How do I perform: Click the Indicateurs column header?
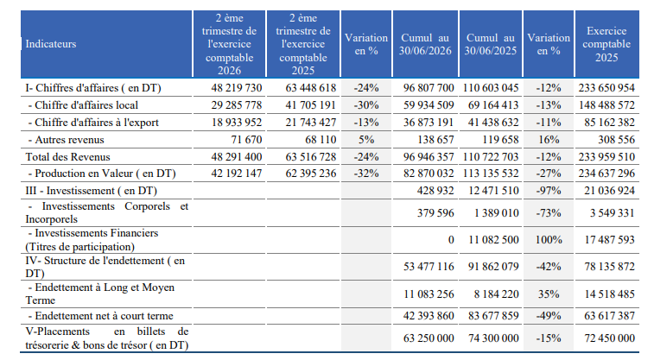pyautogui.click(x=51, y=44)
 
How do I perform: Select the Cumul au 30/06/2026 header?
pyautogui.click(x=425, y=44)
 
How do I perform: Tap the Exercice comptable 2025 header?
pyautogui.click(x=606, y=44)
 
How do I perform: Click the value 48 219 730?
pyautogui.click(x=237, y=88)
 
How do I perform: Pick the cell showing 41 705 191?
pyautogui.click(x=311, y=105)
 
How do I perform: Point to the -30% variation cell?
pyautogui.click(x=366, y=105)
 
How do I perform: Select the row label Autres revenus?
pyautogui.click(x=66, y=140)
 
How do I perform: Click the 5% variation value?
pyautogui.click(x=366, y=140)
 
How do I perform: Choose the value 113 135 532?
pyautogui.click(x=491, y=174)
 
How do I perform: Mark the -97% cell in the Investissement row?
pyautogui.click(x=549, y=191)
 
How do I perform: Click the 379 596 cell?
pyautogui.click(x=435, y=213)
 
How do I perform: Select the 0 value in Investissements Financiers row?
pyautogui.click(x=451, y=240)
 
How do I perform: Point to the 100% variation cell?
pyautogui.click(x=549, y=240)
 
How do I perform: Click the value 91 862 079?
pyautogui.click(x=493, y=266)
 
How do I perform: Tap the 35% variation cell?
pyautogui.click(x=549, y=294)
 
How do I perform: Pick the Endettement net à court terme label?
pyautogui.click(x=100, y=316)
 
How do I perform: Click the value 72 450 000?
pyautogui.click(x=609, y=338)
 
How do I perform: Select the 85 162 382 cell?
pyautogui.click(x=609, y=122)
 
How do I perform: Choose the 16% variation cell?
pyautogui.click(x=549, y=140)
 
